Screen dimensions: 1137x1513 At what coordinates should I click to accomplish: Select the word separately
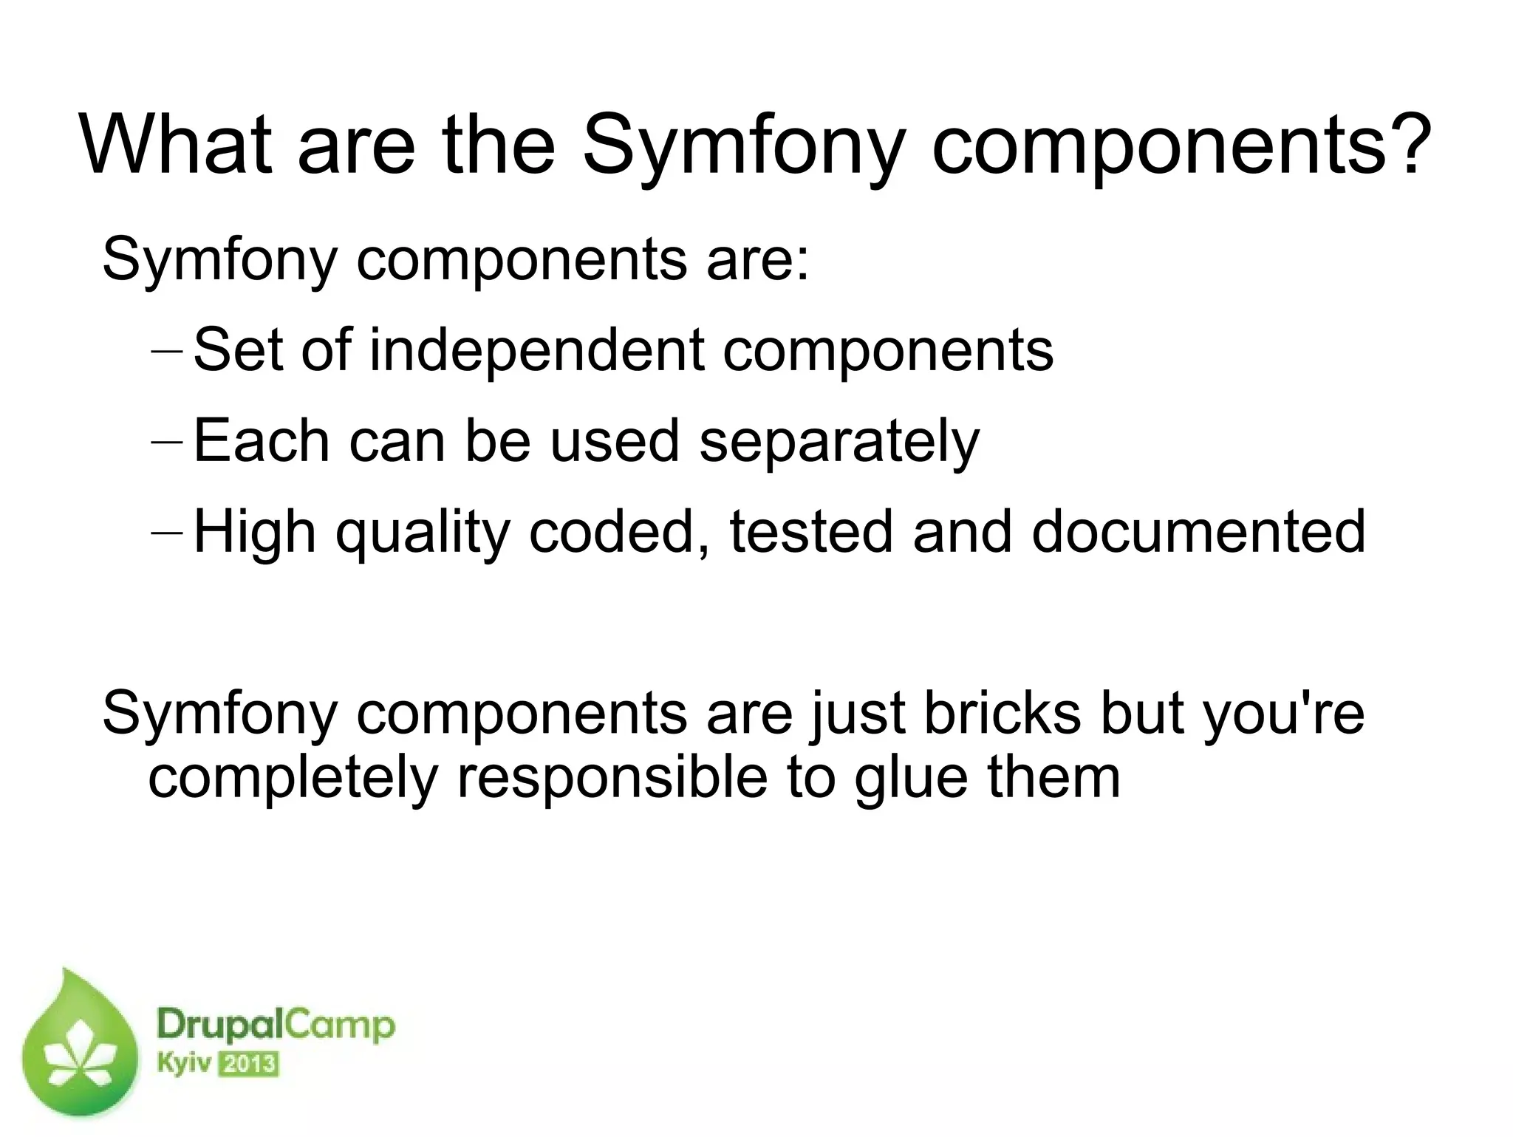coord(839,443)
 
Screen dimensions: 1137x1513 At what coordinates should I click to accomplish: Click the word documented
coord(1198,531)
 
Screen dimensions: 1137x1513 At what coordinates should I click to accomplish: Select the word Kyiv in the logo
coord(183,1065)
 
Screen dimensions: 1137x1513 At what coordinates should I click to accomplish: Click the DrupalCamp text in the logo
coord(275,1027)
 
